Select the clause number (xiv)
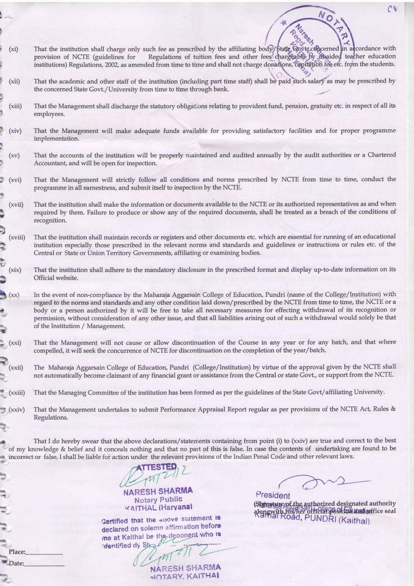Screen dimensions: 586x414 pyautogui.click(x=15, y=131)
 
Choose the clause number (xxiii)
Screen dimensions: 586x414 pyautogui.click(x=17, y=392)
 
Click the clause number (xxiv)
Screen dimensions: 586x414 pyautogui.click(x=16, y=410)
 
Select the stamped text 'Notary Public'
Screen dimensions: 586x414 pyautogui.click(x=158, y=500)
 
